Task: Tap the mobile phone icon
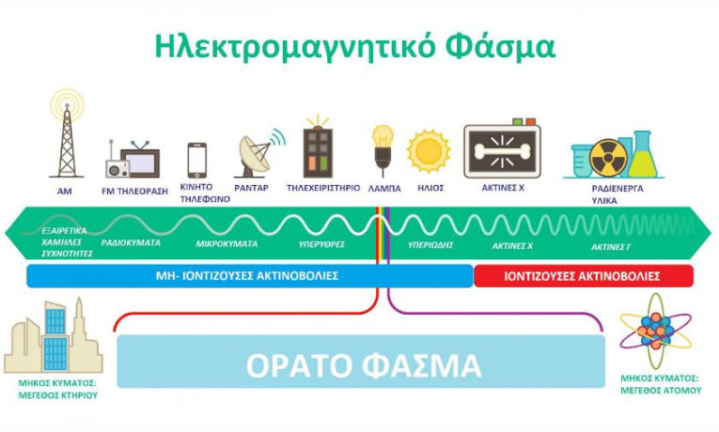(x=196, y=160)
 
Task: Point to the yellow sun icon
(x=429, y=151)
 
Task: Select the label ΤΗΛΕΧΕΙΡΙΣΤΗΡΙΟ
(x=322, y=188)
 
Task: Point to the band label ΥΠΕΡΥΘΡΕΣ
(x=321, y=244)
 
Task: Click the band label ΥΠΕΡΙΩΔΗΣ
(x=431, y=244)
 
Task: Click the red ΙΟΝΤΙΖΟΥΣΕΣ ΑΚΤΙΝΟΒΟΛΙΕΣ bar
(x=583, y=276)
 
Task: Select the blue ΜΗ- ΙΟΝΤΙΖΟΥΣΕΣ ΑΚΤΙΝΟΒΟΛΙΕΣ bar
(x=248, y=276)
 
